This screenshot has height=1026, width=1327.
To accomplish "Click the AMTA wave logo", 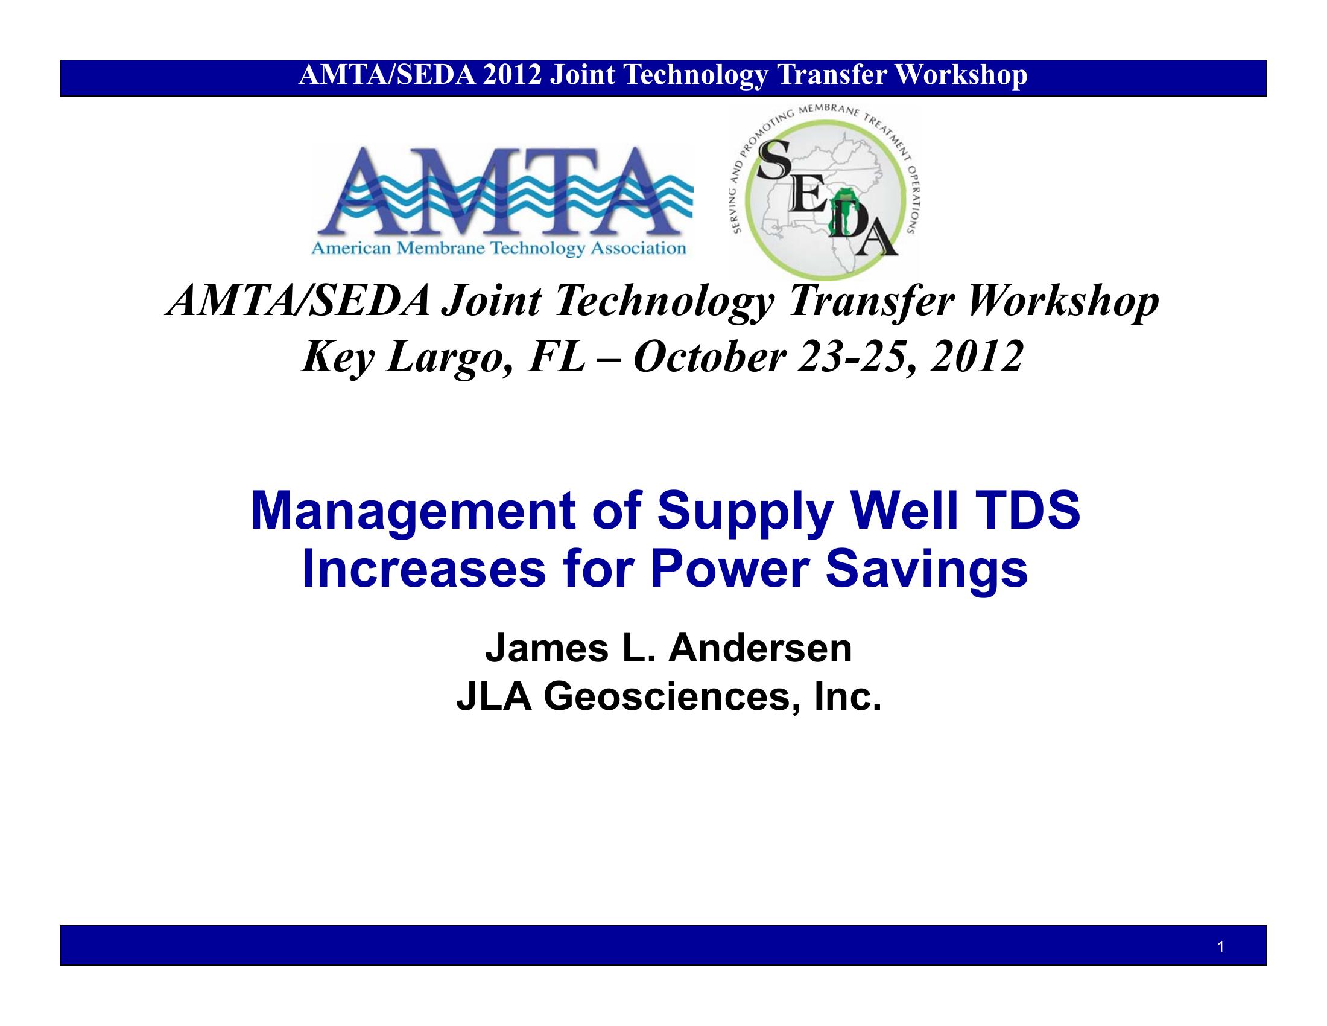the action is [x=502, y=200].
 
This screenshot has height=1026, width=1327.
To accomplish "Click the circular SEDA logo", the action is [x=825, y=193].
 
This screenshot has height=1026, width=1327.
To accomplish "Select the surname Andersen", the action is [x=760, y=649].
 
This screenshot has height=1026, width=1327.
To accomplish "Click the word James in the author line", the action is [x=546, y=649].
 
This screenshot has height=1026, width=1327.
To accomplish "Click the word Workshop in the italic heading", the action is [x=1063, y=302].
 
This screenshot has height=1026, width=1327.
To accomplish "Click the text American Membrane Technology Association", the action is [x=498, y=249].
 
